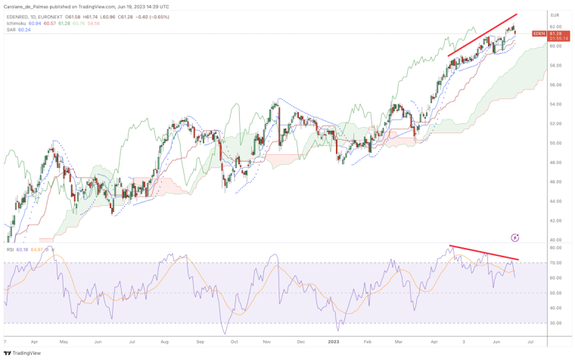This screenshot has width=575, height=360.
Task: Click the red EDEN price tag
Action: [539, 33]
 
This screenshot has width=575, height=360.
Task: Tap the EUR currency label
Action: [554, 15]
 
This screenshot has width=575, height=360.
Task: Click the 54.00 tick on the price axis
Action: [555, 104]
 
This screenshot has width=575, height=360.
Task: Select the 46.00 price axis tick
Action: [555, 182]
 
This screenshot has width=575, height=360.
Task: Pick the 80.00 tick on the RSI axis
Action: [555, 248]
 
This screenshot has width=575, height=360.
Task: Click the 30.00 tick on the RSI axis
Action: [555, 323]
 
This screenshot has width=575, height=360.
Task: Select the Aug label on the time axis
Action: [165, 342]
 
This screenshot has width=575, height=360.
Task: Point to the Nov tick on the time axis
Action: [266, 342]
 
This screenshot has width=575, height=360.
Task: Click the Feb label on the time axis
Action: [367, 342]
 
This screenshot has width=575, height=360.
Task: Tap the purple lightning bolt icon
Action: [515, 237]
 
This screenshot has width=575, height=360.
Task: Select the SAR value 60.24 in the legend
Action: [24, 29]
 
